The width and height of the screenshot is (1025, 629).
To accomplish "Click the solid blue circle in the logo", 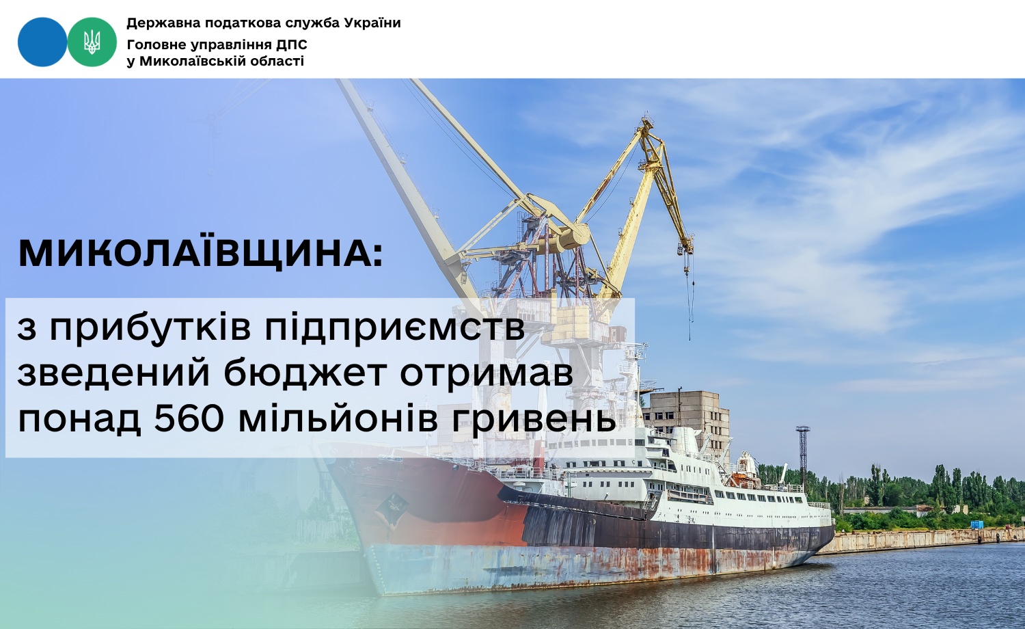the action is pos(42,42).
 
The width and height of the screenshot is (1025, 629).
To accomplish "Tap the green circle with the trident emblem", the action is pos(92,42).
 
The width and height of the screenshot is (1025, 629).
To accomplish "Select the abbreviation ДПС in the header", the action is pos(292,45).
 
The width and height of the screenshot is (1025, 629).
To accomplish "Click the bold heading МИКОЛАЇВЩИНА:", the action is pos(200,253).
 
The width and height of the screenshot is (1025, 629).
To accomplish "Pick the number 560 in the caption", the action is pos(189,419).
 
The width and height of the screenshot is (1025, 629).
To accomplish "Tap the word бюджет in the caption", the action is pos(305,373).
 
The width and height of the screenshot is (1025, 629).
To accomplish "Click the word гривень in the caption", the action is pos(534,420).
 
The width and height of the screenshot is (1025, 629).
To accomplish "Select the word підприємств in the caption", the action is pos(395,327).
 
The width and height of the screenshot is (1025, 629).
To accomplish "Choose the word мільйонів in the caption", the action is pos(338,419).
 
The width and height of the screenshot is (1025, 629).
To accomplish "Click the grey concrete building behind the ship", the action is pos(689,419).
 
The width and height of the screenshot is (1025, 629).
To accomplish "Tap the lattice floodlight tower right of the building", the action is pos(803,455).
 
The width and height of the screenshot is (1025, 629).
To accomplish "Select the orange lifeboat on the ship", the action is pos(743,480).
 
